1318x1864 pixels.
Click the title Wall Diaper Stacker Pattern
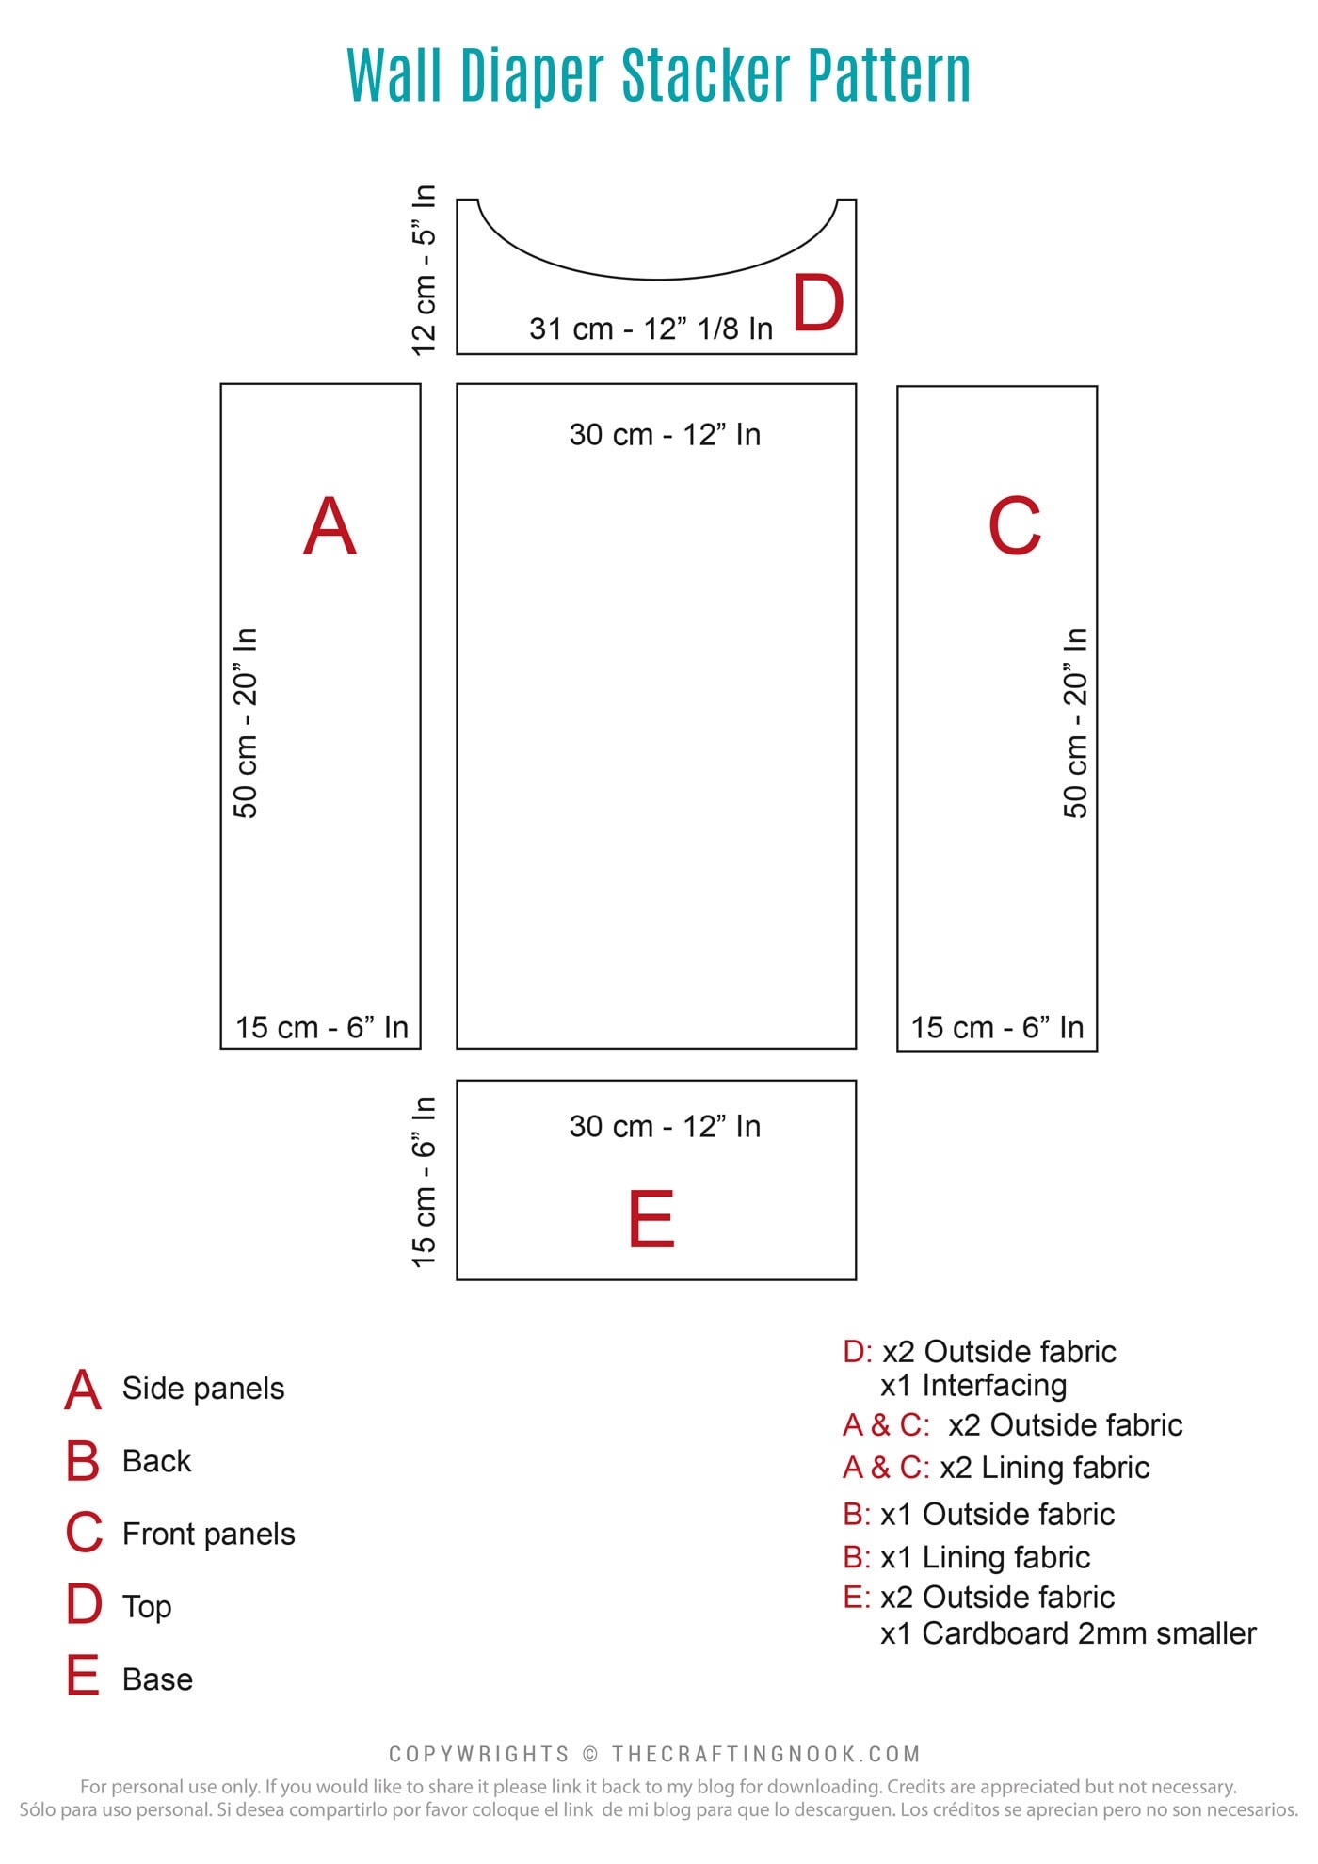click(659, 75)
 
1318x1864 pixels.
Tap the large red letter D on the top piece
click(818, 303)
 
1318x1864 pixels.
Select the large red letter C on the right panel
click(1015, 526)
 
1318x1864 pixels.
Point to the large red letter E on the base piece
click(651, 1218)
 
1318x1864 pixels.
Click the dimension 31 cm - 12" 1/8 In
click(651, 329)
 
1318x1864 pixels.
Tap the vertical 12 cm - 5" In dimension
click(425, 270)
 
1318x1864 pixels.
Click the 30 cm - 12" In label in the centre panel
click(665, 435)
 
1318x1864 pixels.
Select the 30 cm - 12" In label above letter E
click(665, 1127)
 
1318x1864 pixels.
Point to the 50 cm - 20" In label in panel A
click(246, 722)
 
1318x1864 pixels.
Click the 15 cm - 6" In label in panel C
click(997, 1027)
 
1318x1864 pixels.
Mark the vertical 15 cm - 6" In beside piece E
click(425, 1181)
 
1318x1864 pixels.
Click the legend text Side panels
click(203, 1389)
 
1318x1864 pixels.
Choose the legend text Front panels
click(209, 1535)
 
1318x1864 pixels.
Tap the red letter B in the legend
click(83, 1461)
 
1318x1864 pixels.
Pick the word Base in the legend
click(157, 1679)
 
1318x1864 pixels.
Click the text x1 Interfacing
click(973, 1386)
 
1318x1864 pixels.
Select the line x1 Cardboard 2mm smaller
click(1069, 1633)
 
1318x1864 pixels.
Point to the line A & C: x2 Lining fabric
click(996, 1468)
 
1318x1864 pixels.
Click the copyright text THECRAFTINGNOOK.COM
click(765, 1754)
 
